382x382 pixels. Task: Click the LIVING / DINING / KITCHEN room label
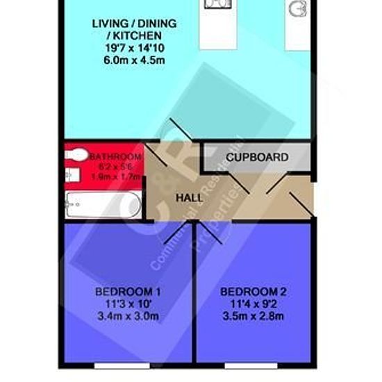(x=134, y=28)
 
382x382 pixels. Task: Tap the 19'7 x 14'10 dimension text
(x=134, y=47)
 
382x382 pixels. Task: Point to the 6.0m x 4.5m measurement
(x=134, y=59)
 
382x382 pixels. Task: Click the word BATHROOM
(x=115, y=157)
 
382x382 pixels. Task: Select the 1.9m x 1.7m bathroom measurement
(x=115, y=178)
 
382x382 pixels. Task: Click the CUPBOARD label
(x=257, y=158)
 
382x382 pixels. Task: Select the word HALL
(x=189, y=198)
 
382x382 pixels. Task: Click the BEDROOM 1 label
(x=128, y=292)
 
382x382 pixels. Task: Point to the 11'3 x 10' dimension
(x=128, y=304)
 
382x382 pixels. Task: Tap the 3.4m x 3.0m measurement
(x=128, y=317)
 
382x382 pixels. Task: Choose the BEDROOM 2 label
(x=254, y=292)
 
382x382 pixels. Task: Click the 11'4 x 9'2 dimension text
(x=254, y=304)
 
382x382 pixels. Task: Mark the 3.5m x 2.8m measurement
(x=254, y=317)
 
